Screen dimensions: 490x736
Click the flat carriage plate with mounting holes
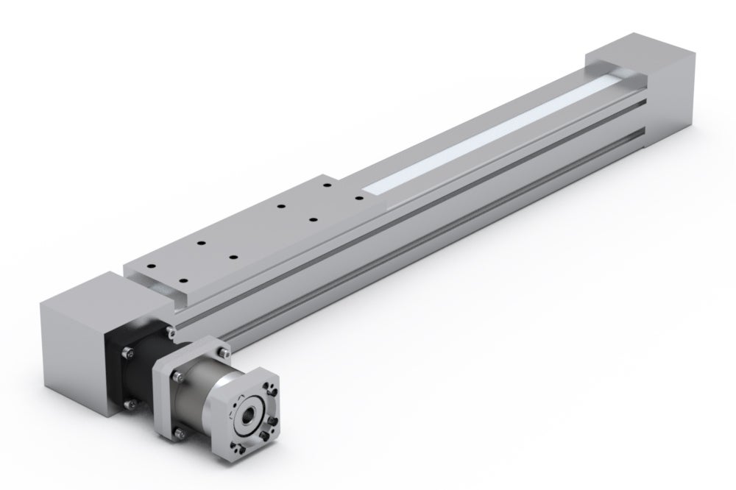click(243, 235)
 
